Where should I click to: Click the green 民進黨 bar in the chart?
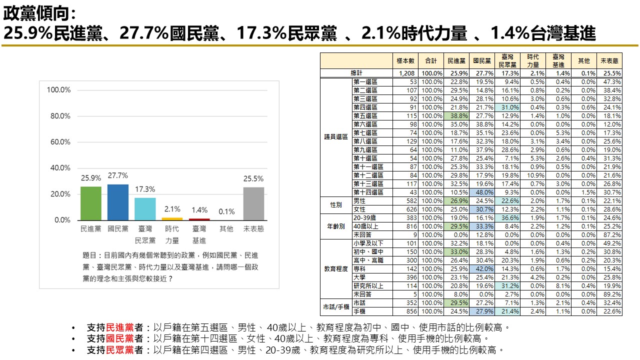coord(90,203)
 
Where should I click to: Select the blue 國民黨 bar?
coord(117,202)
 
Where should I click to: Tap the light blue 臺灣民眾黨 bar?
coord(145,208)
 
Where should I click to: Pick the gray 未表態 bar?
coord(253,203)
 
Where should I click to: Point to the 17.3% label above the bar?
coord(145,189)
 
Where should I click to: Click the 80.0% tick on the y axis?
coord(58,116)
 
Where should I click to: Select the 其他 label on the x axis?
coord(226,229)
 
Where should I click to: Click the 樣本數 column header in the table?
coord(405,60)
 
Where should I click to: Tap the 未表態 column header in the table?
coord(609,60)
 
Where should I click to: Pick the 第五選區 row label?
coord(365,116)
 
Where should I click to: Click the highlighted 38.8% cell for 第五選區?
coord(456,116)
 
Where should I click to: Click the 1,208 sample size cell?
coord(405,73)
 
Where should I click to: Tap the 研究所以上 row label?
coord(368,286)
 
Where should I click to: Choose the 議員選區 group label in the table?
coord(336,137)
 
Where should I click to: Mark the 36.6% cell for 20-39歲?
coord(507,218)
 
